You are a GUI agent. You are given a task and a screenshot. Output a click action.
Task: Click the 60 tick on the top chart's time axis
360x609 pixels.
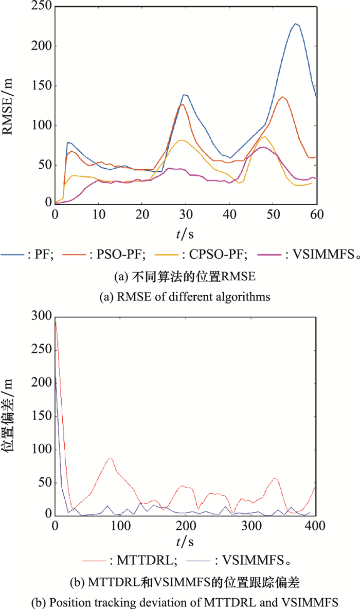(316, 215)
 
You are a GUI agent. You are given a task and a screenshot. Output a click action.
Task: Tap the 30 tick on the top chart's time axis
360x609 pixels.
(186, 215)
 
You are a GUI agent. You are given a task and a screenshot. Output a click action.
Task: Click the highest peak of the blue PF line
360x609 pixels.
(296, 23)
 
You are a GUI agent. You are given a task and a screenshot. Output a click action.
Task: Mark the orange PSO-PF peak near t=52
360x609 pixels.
(282, 97)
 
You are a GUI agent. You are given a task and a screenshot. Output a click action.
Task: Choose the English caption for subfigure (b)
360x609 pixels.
(179, 600)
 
